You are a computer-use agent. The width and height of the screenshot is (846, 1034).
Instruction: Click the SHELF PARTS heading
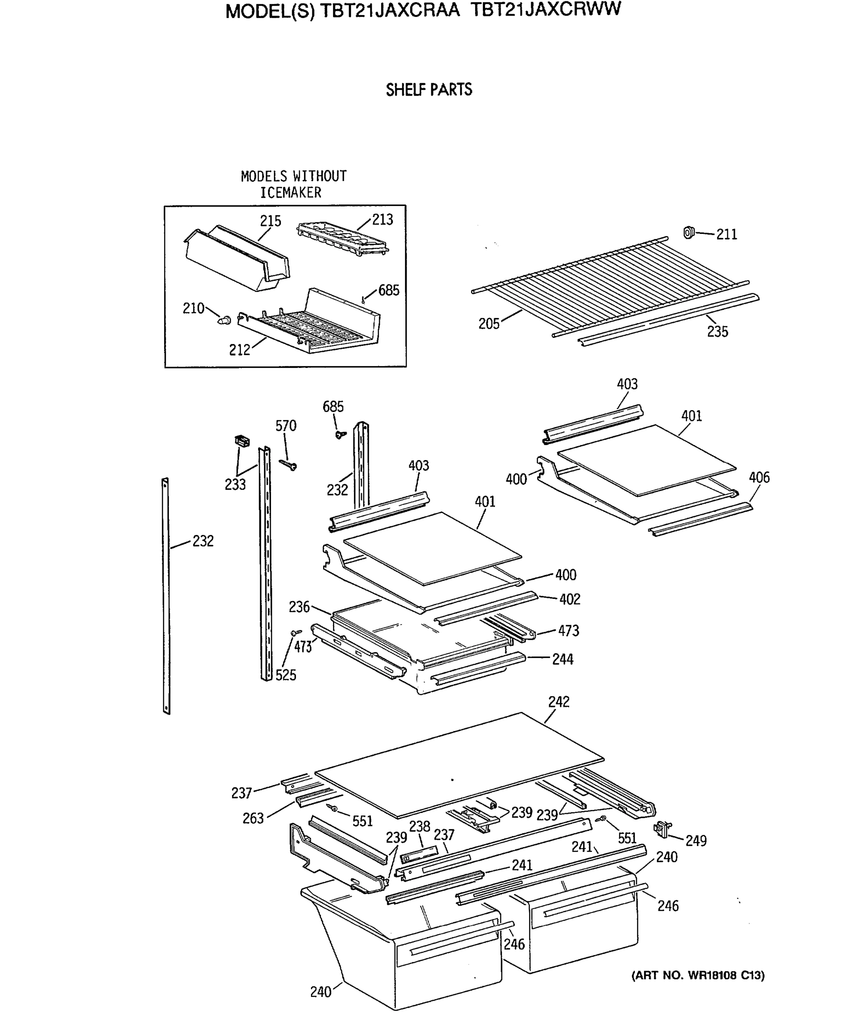point(429,90)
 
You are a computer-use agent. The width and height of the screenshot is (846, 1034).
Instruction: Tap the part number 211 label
point(726,234)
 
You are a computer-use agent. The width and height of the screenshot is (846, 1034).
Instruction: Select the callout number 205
point(489,324)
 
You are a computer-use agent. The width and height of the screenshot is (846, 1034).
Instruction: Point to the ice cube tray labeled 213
point(342,238)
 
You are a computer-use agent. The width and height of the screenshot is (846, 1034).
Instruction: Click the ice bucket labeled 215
point(237,258)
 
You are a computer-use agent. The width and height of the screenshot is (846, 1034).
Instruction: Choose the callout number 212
point(239,349)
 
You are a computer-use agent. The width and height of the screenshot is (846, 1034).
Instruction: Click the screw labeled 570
point(288,465)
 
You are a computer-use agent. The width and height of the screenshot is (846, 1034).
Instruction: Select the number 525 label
point(286,675)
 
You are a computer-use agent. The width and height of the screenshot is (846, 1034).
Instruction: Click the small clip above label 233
point(242,441)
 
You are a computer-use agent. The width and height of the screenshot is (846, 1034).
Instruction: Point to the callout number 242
point(559,701)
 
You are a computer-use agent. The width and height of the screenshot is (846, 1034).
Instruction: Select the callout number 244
point(563,659)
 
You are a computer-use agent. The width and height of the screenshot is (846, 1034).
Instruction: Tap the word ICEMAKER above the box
point(290,193)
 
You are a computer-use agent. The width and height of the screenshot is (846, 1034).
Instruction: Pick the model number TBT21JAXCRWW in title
point(546,10)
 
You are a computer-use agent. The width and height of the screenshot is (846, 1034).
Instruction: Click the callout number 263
point(253,819)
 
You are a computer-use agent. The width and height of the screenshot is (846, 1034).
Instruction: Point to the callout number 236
point(299,607)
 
